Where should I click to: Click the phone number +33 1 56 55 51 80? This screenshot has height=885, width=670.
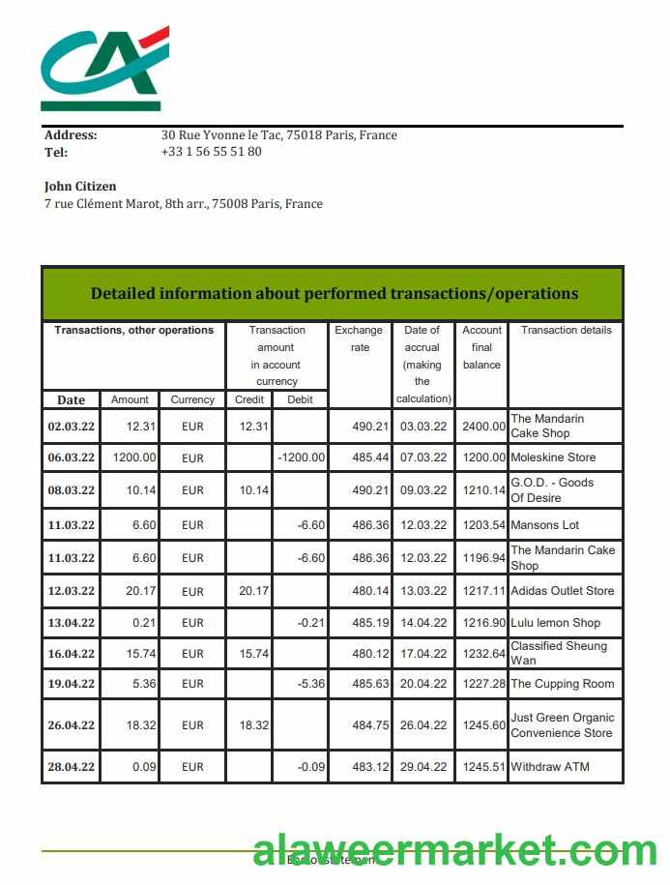coord(211,152)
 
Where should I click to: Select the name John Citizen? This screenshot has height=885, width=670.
coord(80,186)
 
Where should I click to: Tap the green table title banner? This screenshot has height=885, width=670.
coord(334,293)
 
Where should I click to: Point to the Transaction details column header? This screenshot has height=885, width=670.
coord(566,331)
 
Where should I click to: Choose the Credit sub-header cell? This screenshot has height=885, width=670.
coord(249,399)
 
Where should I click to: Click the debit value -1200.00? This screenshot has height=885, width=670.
coord(301,457)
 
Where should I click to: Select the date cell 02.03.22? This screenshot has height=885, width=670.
coord(72,427)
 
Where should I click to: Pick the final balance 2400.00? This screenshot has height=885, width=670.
coord(482,427)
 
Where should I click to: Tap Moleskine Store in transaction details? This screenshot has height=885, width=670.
coord(553,457)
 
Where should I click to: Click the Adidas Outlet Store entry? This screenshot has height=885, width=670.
coord(562,591)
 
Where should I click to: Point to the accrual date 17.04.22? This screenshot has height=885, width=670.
coord(423,654)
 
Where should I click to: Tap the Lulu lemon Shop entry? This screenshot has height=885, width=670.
coord(555,623)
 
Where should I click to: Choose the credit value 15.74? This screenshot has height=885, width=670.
coord(253,654)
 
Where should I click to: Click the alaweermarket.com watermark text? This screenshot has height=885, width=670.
coord(454,852)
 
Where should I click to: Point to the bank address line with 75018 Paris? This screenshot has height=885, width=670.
coord(278,135)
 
